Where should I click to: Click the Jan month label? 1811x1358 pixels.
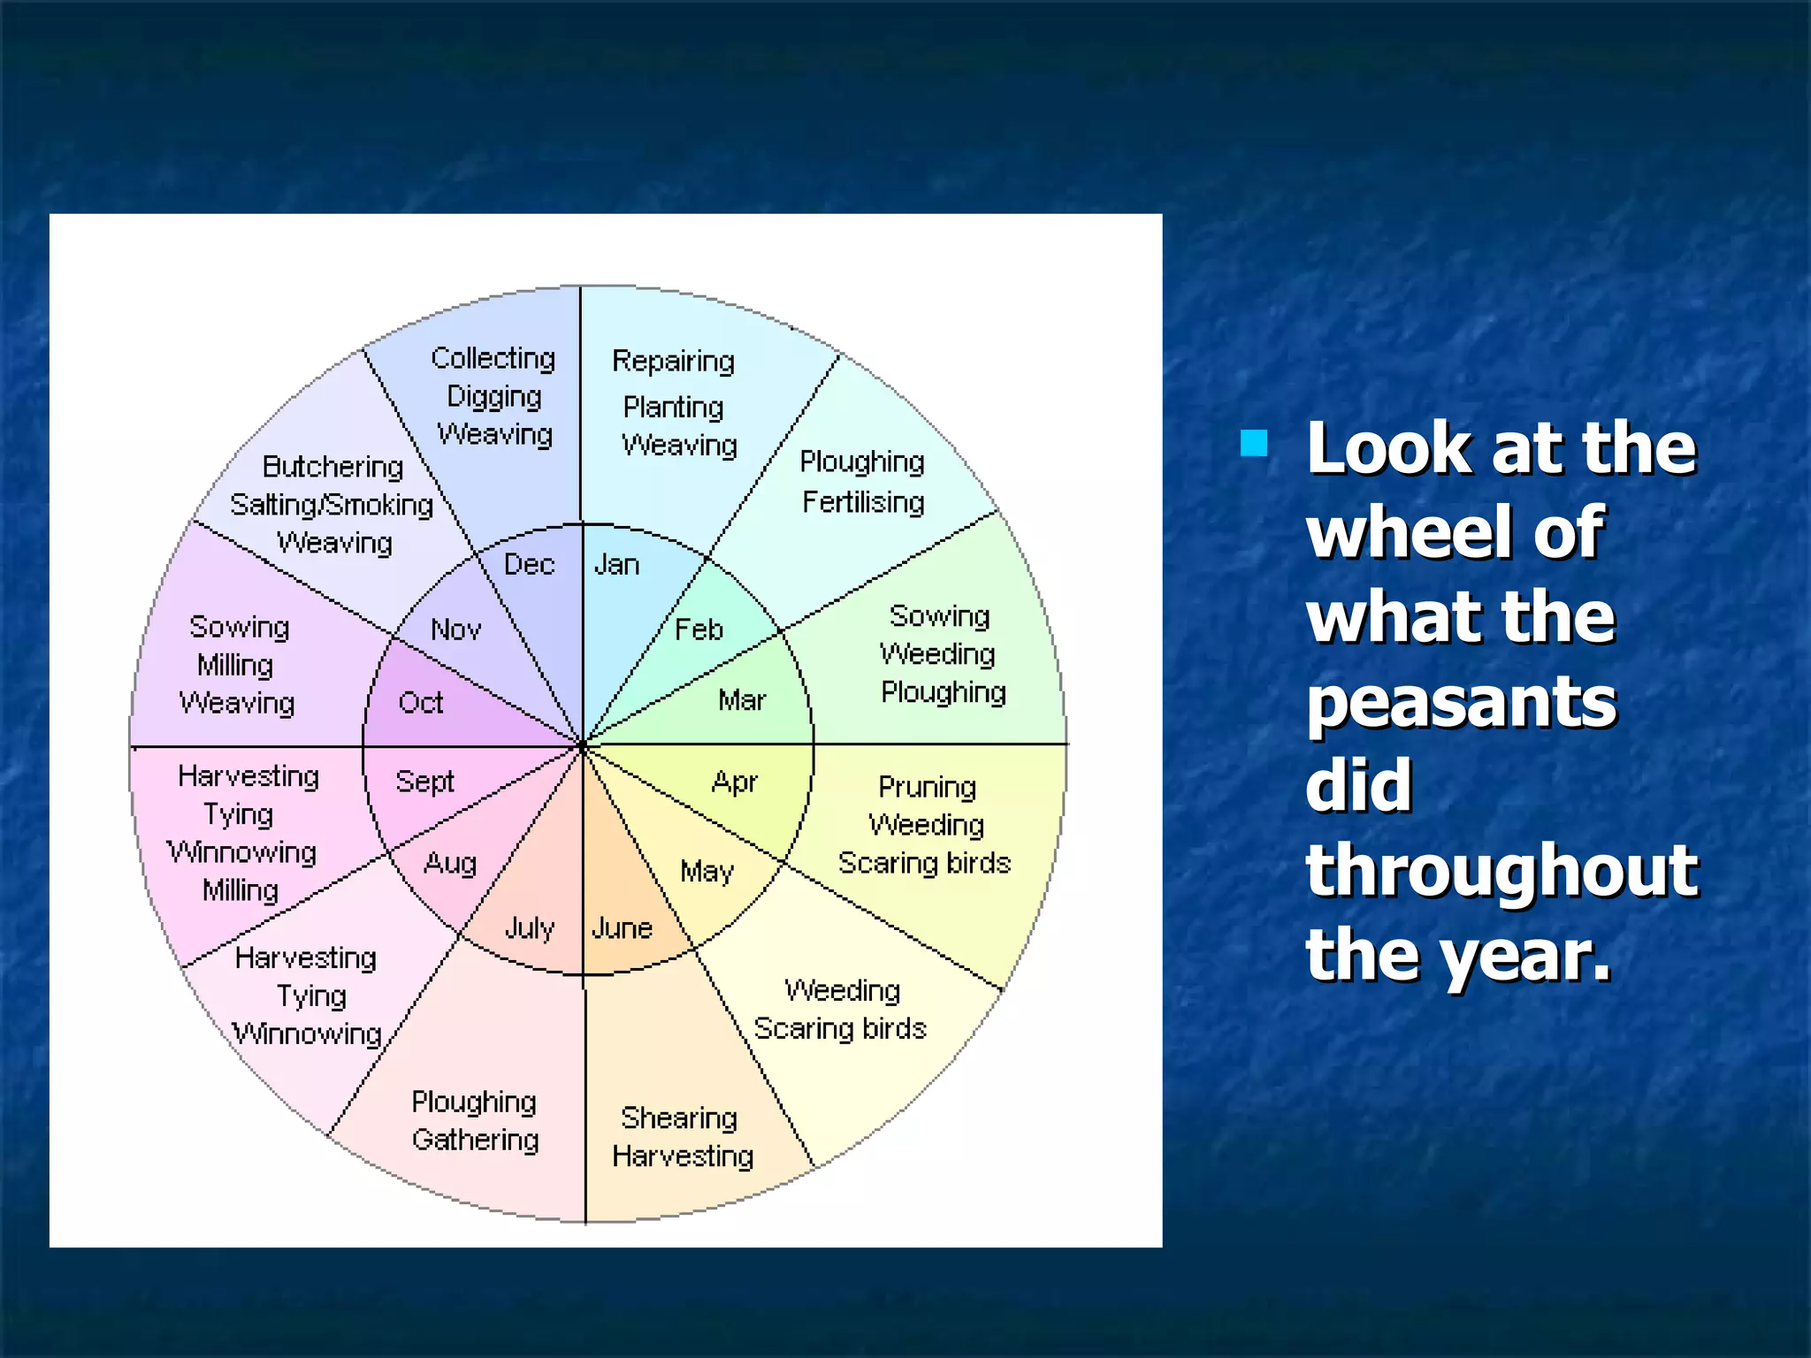pyautogui.click(x=615, y=564)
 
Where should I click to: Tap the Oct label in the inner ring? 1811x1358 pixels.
pyautogui.click(x=420, y=703)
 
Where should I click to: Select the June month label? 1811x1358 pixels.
pyautogui.click(x=622, y=927)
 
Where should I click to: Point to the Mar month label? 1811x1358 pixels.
pyautogui.click(x=741, y=700)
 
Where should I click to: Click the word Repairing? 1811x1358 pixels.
pyautogui.click(x=673, y=362)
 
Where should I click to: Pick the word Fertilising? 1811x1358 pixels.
pyautogui.click(x=863, y=502)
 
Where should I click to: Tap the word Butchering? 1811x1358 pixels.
pyautogui.click(x=332, y=467)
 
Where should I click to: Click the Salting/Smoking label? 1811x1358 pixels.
pyautogui.click(x=332, y=505)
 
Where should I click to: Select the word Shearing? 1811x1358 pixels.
pyautogui.click(x=678, y=1118)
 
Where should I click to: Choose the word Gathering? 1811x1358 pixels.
pyautogui.click(x=475, y=1140)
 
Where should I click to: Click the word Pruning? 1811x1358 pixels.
pyautogui.click(x=927, y=787)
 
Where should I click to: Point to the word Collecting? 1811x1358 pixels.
pyautogui.click(x=493, y=358)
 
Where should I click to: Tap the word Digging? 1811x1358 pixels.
pyautogui.click(x=493, y=397)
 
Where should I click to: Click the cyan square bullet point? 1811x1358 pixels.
pyautogui.click(x=1254, y=443)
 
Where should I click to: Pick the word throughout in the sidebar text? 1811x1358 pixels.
pyautogui.click(x=1502, y=870)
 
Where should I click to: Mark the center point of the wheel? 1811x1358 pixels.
pyautogui.click(x=583, y=746)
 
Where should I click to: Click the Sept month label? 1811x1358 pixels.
pyautogui.click(x=424, y=782)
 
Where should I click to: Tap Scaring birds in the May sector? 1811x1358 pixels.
pyautogui.click(x=839, y=1029)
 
